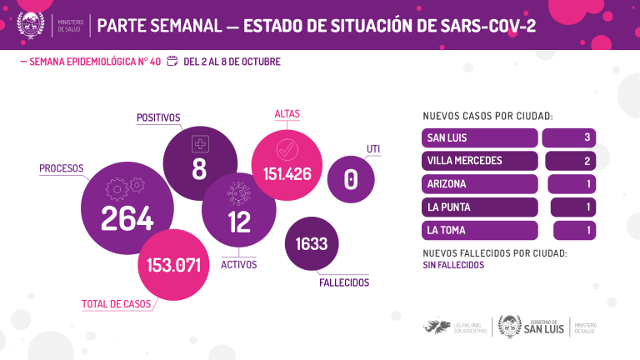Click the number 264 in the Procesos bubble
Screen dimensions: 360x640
pos(127,217)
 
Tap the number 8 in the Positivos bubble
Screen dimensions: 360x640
pos(199,169)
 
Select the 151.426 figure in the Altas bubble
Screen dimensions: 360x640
pos(287,175)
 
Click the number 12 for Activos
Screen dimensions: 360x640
pos(239,222)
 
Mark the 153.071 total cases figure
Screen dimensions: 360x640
pos(173,266)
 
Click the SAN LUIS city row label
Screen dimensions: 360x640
pos(447,137)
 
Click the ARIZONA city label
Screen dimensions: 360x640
pos(447,184)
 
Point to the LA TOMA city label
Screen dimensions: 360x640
pos(447,230)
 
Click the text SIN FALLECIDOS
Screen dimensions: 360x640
pos(453,264)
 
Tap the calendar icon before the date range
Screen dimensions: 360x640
pos(172,61)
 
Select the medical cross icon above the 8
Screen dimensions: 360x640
pos(200,144)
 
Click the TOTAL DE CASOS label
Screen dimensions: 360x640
pos(117,304)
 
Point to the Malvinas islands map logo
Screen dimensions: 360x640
pos(437,327)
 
